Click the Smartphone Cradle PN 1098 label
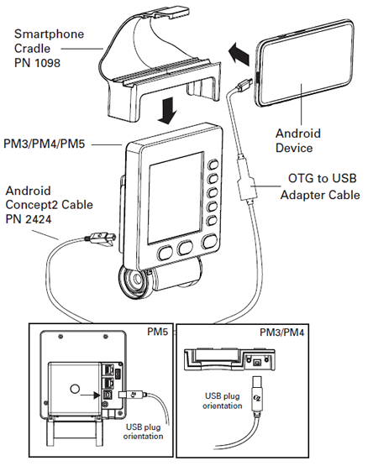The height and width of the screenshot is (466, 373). [49, 49]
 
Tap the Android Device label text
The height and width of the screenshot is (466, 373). [298, 140]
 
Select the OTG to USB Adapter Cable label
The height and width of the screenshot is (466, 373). [320, 186]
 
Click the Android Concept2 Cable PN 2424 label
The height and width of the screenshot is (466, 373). [49, 205]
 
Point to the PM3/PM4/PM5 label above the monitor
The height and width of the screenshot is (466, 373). [45, 144]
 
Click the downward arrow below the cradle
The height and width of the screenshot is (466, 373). [167, 111]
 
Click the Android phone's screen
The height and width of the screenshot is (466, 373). [306, 64]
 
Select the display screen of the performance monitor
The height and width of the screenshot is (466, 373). [176, 198]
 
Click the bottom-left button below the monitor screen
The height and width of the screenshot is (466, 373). [165, 253]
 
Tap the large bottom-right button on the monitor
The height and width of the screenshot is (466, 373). [209, 242]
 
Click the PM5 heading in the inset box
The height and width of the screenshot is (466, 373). [158, 332]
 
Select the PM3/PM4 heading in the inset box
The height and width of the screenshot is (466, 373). [282, 332]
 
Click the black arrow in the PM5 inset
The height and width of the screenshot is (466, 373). [90, 395]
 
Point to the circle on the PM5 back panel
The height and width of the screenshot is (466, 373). [75, 389]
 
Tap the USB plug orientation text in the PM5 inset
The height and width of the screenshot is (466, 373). [143, 432]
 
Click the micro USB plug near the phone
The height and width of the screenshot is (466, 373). [244, 84]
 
